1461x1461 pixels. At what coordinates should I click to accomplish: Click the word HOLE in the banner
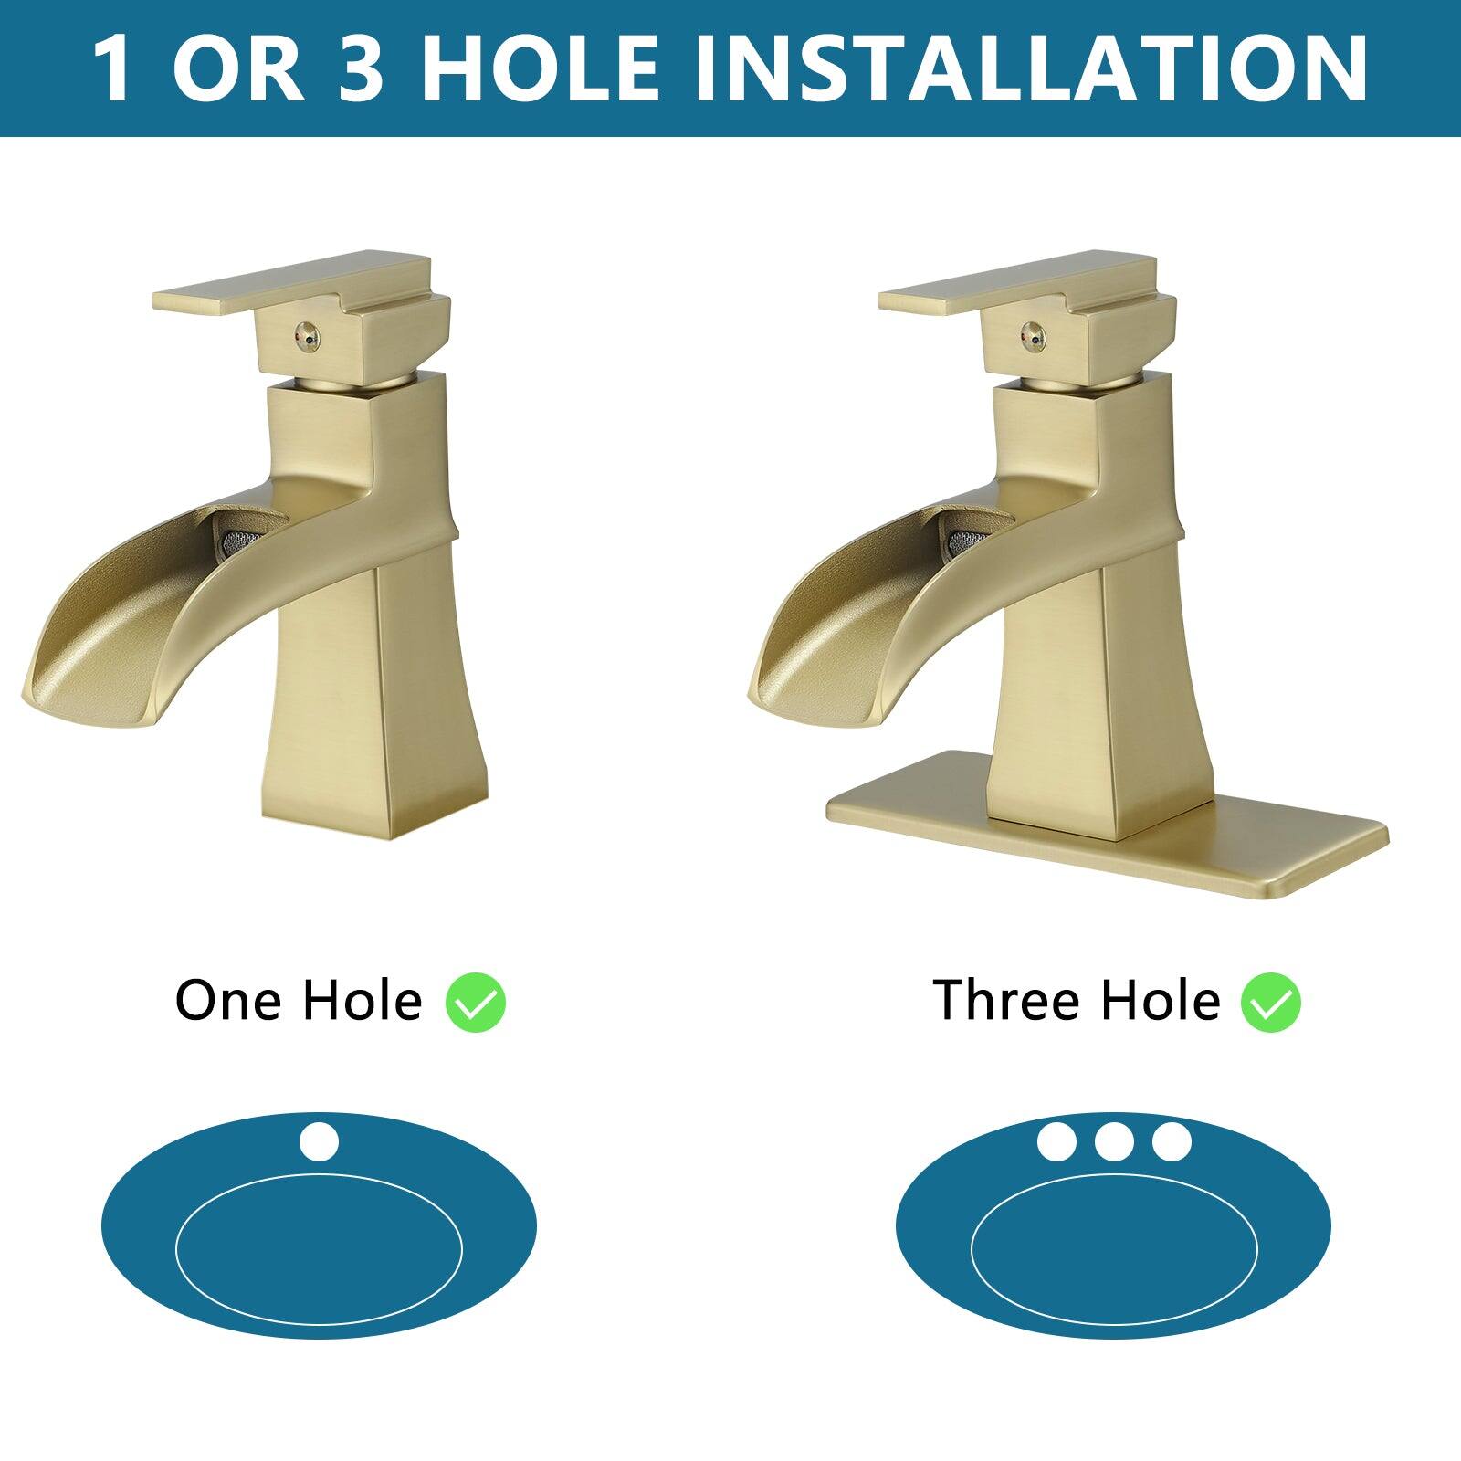click(539, 68)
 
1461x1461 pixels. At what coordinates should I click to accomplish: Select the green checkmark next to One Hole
click(476, 1003)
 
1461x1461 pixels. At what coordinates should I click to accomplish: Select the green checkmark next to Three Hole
click(1270, 1003)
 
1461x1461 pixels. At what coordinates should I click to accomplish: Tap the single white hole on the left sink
click(319, 1142)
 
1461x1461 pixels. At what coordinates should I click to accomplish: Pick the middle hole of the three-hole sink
click(1114, 1142)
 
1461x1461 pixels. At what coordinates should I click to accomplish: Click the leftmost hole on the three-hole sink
click(1056, 1142)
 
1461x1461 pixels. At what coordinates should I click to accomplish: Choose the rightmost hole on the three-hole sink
click(1172, 1142)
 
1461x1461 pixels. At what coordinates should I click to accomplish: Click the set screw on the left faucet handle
click(307, 339)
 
